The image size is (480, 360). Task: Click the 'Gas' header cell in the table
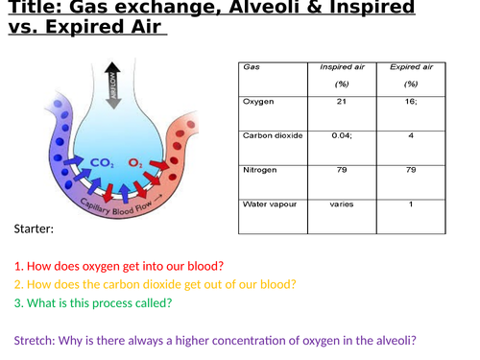tap(252, 67)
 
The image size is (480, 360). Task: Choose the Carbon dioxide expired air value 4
tap(411, 135)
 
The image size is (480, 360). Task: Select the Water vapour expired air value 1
tap(411, 204)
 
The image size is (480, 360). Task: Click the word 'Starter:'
tap(35, 230)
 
